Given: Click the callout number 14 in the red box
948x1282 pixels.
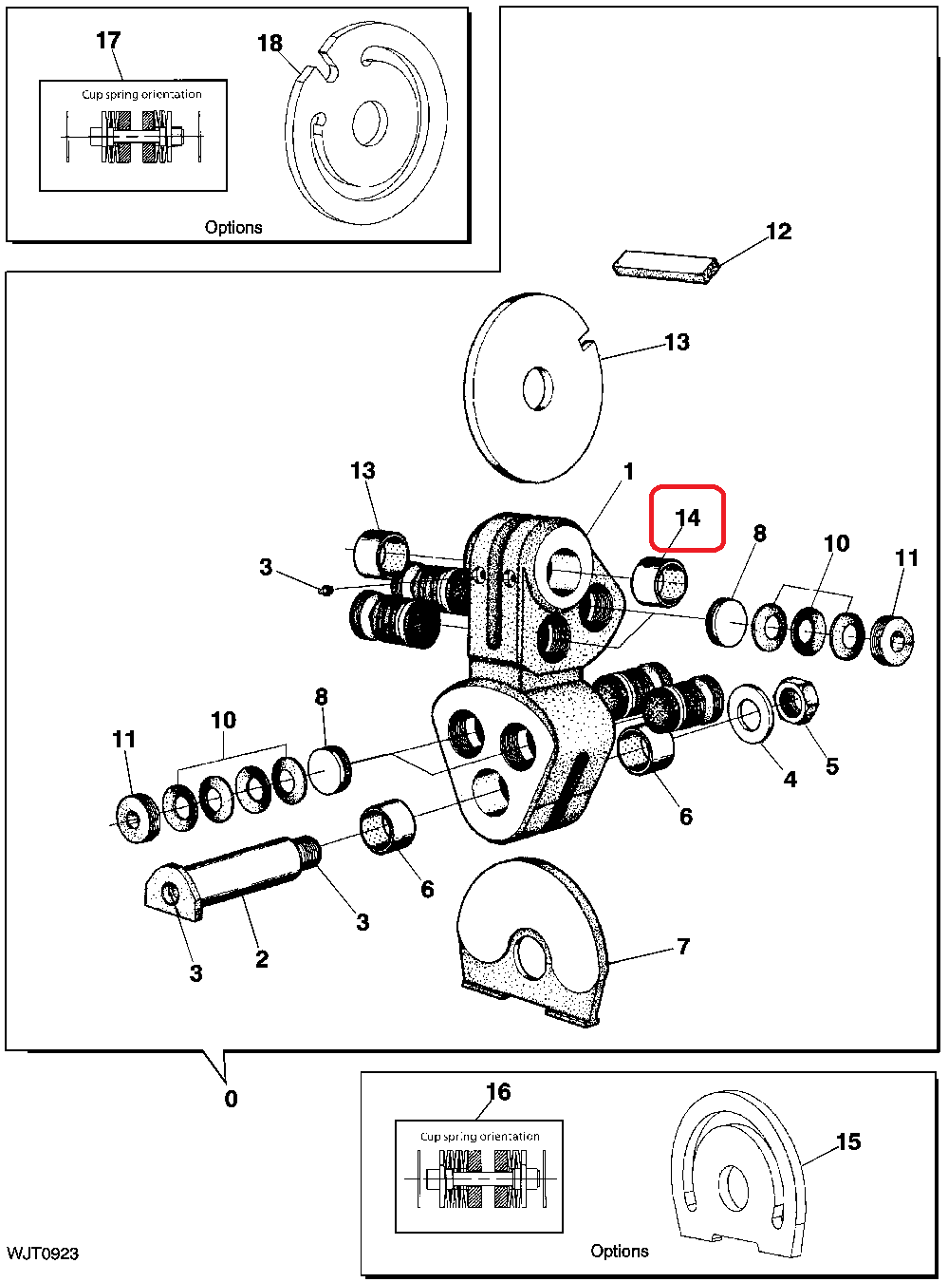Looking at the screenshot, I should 687,518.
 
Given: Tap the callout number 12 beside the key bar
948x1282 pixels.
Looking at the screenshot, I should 778,232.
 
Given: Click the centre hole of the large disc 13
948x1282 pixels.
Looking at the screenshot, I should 538,387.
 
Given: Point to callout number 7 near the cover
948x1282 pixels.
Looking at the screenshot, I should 683,946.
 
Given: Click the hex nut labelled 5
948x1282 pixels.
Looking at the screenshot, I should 798,701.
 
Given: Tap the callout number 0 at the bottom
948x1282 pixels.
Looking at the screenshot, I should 231,1099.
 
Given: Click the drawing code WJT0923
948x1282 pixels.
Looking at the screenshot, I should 43,1254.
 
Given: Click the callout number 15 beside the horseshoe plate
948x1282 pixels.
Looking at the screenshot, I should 848,1141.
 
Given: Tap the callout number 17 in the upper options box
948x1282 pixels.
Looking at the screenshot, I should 108,41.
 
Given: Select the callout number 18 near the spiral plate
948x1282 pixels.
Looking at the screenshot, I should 270,44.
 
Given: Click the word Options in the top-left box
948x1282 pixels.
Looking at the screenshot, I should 233,228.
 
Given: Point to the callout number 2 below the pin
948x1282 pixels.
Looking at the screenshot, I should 262,959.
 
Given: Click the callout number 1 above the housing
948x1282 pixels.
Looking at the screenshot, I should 628,471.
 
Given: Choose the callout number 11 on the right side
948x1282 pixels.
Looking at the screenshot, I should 907,557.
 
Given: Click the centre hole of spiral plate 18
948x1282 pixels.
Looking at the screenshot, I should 369,123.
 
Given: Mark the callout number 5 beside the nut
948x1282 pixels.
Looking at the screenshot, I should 832,765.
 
